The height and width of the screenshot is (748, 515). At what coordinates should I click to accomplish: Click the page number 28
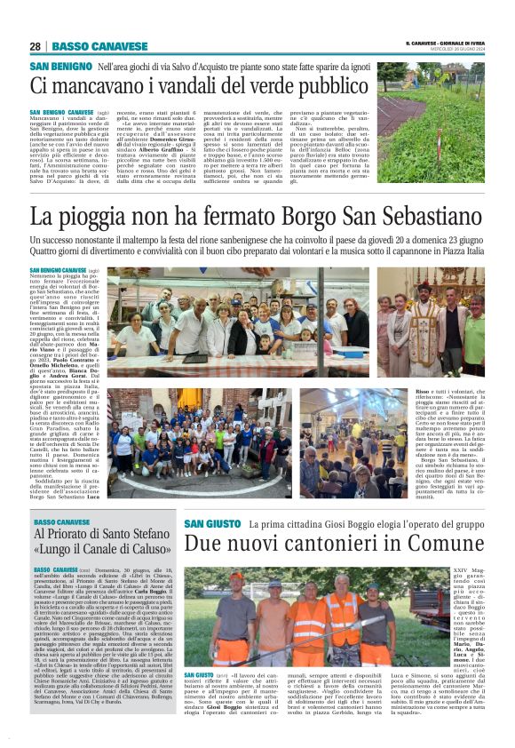click(x=35, y=46)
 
